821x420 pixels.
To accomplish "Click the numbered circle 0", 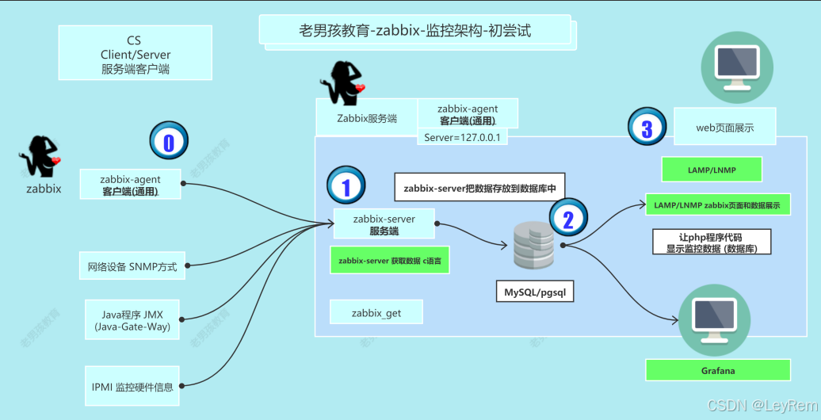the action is point(167,142).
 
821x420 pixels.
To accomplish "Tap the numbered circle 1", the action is point(345,186).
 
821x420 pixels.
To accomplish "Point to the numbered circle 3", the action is point(647,126).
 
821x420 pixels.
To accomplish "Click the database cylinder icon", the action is point(533,246).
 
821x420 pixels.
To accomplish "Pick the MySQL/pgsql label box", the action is point(534,292).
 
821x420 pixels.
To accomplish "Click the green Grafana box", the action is point(718,370).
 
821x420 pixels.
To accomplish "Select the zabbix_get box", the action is point(376,312).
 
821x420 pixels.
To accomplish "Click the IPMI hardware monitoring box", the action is point(132,387).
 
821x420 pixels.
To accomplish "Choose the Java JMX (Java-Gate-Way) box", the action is point(132,320).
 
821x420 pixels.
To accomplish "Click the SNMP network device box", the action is point(132,266).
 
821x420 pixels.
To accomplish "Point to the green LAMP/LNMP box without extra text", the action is point(711,169).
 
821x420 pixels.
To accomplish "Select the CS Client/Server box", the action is point(136,53).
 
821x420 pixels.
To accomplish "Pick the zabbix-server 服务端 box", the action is point(384,224).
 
